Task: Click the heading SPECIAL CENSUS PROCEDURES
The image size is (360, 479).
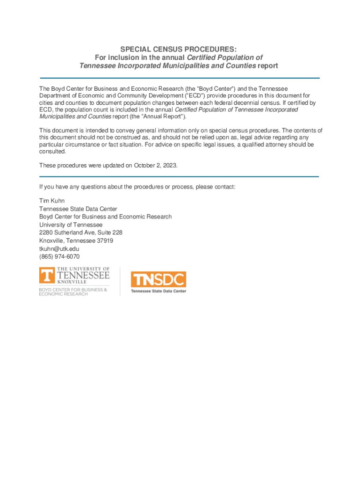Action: (x=179, y=49)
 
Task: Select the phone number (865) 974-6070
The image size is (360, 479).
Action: (x=59, y=257)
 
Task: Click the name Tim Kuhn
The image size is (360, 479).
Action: (x=52, y=201)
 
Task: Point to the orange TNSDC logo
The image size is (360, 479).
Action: (x=158, y=280)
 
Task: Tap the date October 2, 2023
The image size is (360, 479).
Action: (x=155, y=166)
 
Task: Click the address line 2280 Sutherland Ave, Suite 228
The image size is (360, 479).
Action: (x=81, y=232)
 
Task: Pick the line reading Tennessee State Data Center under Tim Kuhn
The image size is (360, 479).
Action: (x=78, y=209)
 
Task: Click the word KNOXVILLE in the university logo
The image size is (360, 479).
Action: (x=72, y=282)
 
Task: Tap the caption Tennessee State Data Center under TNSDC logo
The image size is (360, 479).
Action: (x=158, y=291)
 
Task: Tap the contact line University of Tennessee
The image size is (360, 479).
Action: (x=71, y=225)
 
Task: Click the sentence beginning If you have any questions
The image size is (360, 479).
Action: (x=137, y=187)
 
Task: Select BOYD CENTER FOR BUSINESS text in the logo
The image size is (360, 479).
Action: (x=72, y=290)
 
